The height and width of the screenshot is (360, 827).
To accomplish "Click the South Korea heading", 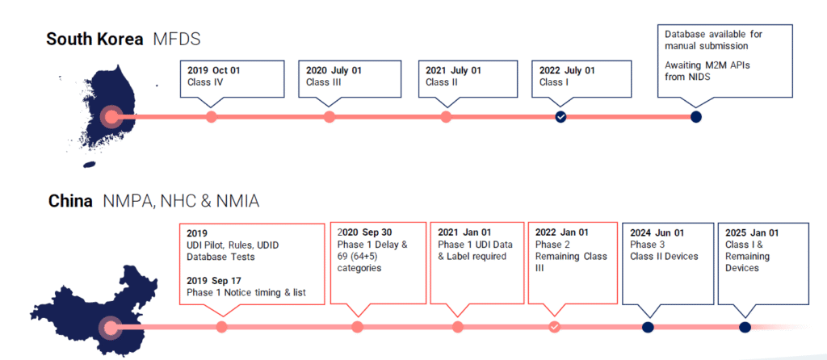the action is point(94,39).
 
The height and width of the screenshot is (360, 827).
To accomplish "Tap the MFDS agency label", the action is point(177,39).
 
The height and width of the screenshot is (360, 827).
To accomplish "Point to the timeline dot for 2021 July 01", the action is point(446,116).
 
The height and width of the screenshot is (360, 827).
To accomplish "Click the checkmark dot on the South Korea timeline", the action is point(560,116).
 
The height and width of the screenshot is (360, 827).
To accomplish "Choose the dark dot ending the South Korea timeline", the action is point(696,116).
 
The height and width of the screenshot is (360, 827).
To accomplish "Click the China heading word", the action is point(71,201).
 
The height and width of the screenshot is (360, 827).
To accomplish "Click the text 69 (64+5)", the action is point(359,257).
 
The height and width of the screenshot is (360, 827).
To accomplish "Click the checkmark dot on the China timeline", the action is point(554,328).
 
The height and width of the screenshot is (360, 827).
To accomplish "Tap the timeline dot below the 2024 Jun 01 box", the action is point(649,328).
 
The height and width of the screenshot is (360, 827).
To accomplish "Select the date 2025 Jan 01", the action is point(752,232).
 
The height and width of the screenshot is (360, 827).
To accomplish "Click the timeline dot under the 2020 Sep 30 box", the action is point(358,328).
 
